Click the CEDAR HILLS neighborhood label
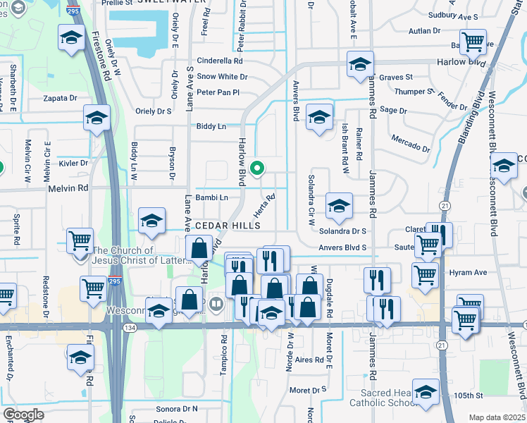point(228,225)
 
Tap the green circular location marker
point(257,168)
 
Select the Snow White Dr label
point(222,77)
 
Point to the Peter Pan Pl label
point(218,92)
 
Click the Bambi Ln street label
point(211,197)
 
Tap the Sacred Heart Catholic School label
point(390,398)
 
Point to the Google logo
point(23,415)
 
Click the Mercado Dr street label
point(411,143)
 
